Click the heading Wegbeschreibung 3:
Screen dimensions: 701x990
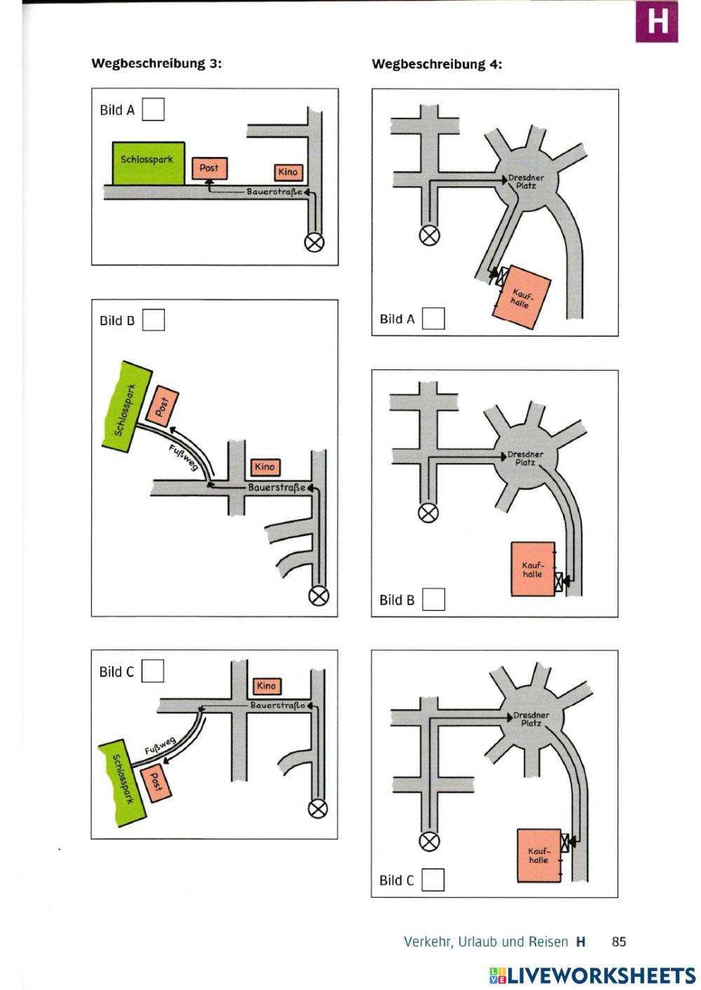point(156,64)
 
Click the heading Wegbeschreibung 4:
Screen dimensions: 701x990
point(437,64)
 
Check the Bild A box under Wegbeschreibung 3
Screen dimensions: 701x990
point(153,109)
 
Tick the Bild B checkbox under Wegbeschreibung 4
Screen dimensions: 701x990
point(433,599)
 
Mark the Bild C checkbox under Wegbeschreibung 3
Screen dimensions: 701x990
point(153,671)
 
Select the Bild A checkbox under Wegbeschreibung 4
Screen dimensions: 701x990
point(433,318)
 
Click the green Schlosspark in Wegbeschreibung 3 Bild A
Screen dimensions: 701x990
point(148,163)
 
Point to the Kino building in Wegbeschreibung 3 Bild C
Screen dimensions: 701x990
point(266,686)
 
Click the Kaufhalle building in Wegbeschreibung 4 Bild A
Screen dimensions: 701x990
point(522,298)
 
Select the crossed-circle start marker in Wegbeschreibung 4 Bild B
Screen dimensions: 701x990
point(428,513)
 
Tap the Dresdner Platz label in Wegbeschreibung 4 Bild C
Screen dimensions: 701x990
point(531,719)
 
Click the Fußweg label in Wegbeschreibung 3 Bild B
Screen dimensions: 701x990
point(183,458)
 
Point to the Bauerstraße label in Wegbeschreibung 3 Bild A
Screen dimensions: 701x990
point(274,192)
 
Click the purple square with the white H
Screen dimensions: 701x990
point(657,21)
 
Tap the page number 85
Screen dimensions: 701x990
point(619,942)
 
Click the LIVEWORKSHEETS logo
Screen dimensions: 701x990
point(592,975)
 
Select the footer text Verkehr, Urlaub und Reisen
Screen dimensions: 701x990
point(486,942)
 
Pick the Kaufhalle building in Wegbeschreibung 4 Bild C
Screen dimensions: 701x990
point(538,856)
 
